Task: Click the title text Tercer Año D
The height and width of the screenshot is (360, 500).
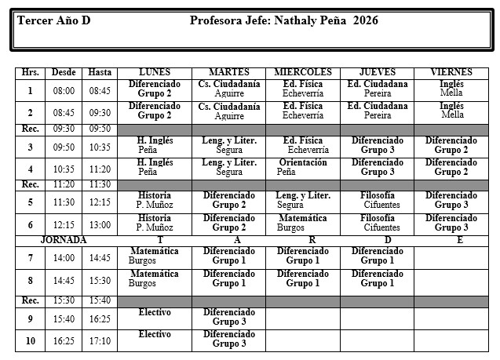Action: click(x=53, y=20)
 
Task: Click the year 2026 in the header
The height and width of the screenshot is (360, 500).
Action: click(x=366, y=20)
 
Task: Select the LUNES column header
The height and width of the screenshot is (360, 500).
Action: click(x=155, y=72)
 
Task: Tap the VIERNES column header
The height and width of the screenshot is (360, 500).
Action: click(x=451, y=72)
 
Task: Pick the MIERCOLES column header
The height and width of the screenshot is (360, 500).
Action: click(x=303, y=72)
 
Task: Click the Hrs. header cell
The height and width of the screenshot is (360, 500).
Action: click(x=31, y=72)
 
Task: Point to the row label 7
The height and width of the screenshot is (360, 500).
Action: click(x=31, y=257)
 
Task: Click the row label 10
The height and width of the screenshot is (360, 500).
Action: click(x=31, y=341)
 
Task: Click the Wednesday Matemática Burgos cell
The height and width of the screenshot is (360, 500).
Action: click(x=303, y=223)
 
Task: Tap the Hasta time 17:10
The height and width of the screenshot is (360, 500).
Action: click(x=100, y=341)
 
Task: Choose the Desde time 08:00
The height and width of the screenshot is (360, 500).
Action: click(x=64, y=91)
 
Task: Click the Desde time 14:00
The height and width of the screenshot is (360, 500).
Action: click(x=64, y=257)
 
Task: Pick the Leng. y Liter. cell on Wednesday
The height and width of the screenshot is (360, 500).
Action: click(x=303, y=201)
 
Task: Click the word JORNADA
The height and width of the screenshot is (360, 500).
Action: click(x=64, y=240)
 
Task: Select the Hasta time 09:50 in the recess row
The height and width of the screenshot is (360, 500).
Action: click(x=100, y=129)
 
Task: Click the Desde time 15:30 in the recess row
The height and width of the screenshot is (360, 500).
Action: click(x=64, y=300)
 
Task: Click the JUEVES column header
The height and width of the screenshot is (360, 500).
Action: click(x=377, y=72)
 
